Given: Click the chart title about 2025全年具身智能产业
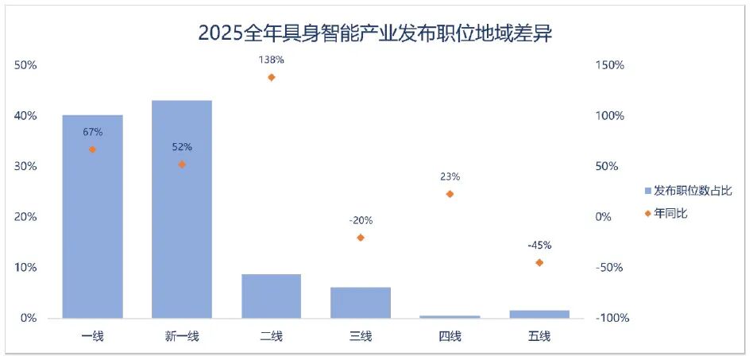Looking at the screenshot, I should click(x=375, y=33).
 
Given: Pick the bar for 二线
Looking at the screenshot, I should click(x=271, y=296).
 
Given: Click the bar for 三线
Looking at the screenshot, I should click(x=361, y=302).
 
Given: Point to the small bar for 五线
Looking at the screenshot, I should click(x=539, y=314).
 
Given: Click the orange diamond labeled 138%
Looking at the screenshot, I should click(x=271, y=77).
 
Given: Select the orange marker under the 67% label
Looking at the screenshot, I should click(x=92, y=149).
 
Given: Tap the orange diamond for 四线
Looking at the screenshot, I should click(x=450, y=194).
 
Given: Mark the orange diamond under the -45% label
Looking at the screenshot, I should click(x=539, y=262).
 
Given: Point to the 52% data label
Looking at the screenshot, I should click(x=182, y=147).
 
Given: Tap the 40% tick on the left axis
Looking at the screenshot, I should click(x=25, y=116).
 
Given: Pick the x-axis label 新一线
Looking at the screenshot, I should click(x=182, y=336).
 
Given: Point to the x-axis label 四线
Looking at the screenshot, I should click(x=450, y=336).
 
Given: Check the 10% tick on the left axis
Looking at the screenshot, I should click(x=25, y=268).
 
